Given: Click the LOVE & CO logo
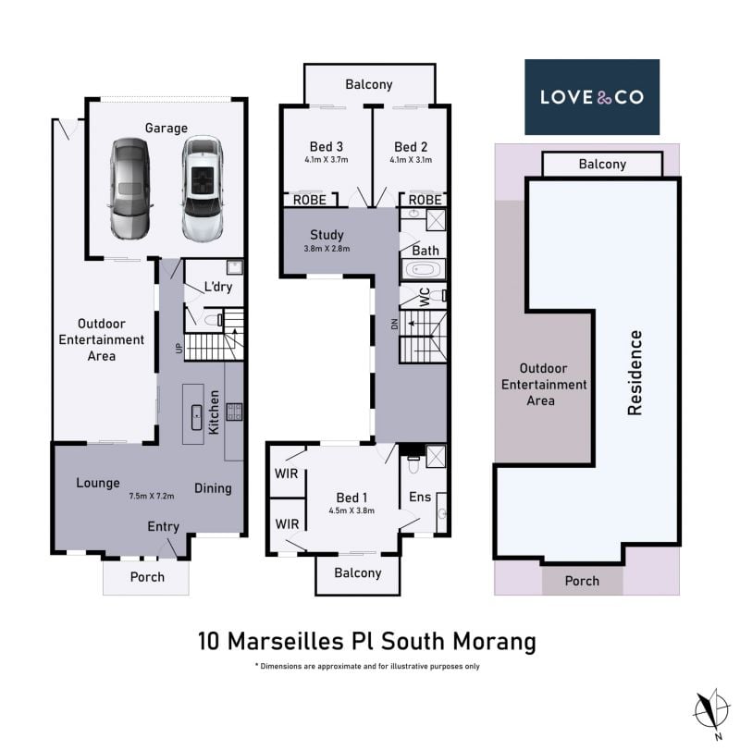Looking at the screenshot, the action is (x=592, y=97).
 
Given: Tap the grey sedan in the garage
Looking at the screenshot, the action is (x=129, y=189).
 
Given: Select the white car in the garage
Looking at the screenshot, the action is (x=203, y=189).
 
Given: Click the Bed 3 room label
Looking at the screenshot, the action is (x=327, y=146).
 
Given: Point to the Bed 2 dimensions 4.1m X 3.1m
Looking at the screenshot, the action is (x=411, y=160).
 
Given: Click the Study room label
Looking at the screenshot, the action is (x=327, y=235).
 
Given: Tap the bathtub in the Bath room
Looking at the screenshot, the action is (x=424, y=270).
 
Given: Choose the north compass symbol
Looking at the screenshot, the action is (x=712, y=709).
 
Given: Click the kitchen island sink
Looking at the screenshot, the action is (x=197, y=418).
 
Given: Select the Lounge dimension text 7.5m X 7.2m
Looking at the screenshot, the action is (x=151, y=497).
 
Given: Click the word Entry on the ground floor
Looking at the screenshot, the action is (x=163, y=526).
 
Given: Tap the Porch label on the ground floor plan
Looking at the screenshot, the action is (x=147, y=577).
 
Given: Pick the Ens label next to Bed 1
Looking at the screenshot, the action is (x=420, y=497).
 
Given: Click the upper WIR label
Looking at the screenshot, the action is (x=286, y=473).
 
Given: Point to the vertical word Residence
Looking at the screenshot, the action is (x=635, y=373).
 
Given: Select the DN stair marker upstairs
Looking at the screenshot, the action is (x=394, y=325).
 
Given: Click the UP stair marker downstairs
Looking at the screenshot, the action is (x=179, y=349).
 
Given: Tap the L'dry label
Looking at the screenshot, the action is (x=218, y=287).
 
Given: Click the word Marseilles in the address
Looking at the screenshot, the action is (x=286, y=642).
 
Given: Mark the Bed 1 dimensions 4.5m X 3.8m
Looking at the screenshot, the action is (x=351, y=510).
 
